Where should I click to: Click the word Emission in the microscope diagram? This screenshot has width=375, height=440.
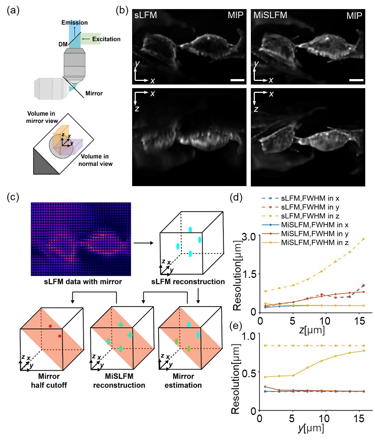coord(74,22)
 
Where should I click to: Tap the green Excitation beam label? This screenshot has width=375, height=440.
coord(106,39)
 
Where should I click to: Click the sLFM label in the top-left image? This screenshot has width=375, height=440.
coord(145,16)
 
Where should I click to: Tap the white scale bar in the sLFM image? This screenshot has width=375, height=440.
coord(237,79)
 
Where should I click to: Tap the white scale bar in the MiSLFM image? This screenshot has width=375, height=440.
coord(356,79)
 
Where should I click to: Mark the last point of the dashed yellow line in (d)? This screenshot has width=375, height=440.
coord(363,239)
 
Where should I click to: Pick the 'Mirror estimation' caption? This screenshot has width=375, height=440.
coord(184,381)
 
